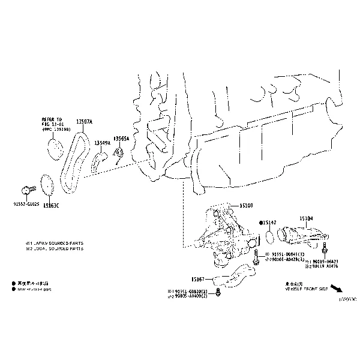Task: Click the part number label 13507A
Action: point(83,122)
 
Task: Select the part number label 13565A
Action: point(122,139)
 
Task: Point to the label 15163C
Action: point(51,206)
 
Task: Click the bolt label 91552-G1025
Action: point(26,204)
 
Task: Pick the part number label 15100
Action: point(246,205)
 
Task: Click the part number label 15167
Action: point(198,278)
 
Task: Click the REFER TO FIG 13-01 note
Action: point(54,124)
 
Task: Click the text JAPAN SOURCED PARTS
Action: point(57,243)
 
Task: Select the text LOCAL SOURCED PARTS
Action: point(57,248)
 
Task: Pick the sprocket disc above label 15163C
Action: point(47,184)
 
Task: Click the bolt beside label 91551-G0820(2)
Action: point(217,292)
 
